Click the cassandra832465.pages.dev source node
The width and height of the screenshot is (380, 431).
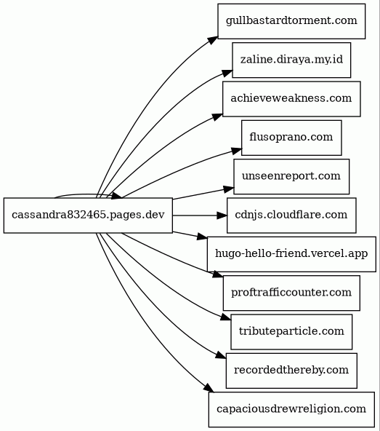pos(88,215)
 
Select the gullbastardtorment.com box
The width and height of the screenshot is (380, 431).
pos(291,21)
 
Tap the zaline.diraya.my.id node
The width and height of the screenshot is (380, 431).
pos(291,60)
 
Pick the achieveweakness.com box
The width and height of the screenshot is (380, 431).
pos(291,99)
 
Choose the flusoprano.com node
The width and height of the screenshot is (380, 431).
pos(291,138)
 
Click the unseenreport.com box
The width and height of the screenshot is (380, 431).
pos(291,176)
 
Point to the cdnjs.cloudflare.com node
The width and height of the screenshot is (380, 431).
pos(291,215)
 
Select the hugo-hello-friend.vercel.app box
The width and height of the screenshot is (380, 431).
pos(291,254)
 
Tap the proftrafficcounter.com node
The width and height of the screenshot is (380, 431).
pos(291,293)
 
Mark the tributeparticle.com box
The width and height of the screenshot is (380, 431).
pos(291,332)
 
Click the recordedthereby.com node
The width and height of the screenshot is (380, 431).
pos(291,371)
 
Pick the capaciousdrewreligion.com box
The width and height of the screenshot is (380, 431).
pos(291,410)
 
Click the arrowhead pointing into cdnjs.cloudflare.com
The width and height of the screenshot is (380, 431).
pos(222,215)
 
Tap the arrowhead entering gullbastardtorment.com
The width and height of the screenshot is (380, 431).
pos(213,40)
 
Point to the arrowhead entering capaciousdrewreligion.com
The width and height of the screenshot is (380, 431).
pos(209,387)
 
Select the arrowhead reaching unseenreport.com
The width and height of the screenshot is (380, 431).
pos(229,189)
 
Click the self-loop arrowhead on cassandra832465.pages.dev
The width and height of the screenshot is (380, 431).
pos(116,195)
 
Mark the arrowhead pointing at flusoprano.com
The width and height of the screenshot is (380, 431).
pos(237,151)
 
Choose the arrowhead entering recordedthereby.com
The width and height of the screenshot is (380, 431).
pos(221,355)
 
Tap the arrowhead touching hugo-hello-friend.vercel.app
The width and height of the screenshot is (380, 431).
pos(202,237)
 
